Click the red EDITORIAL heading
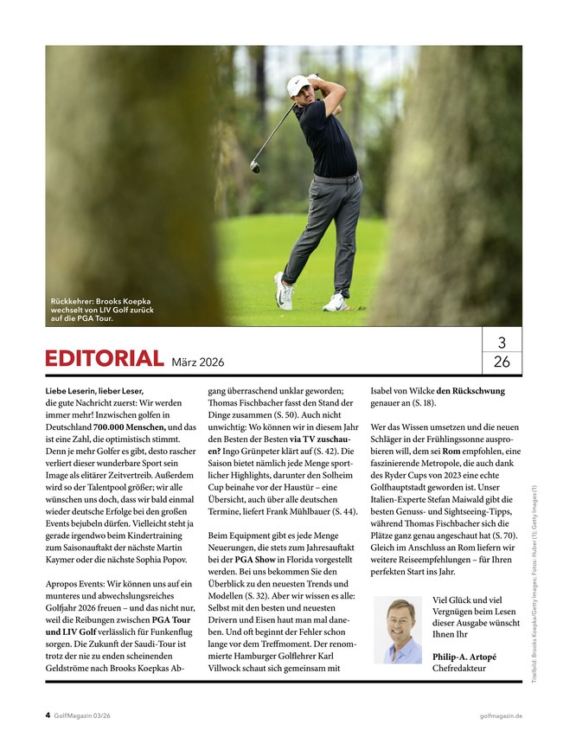click(x=105, y=358)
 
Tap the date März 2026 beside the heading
click(x=197, y=362)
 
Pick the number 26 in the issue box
click(x=502, y=362)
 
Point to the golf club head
click(x=255, y=166)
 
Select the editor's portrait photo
click(x=403, y=630)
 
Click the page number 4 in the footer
click(x=48, y=716)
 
